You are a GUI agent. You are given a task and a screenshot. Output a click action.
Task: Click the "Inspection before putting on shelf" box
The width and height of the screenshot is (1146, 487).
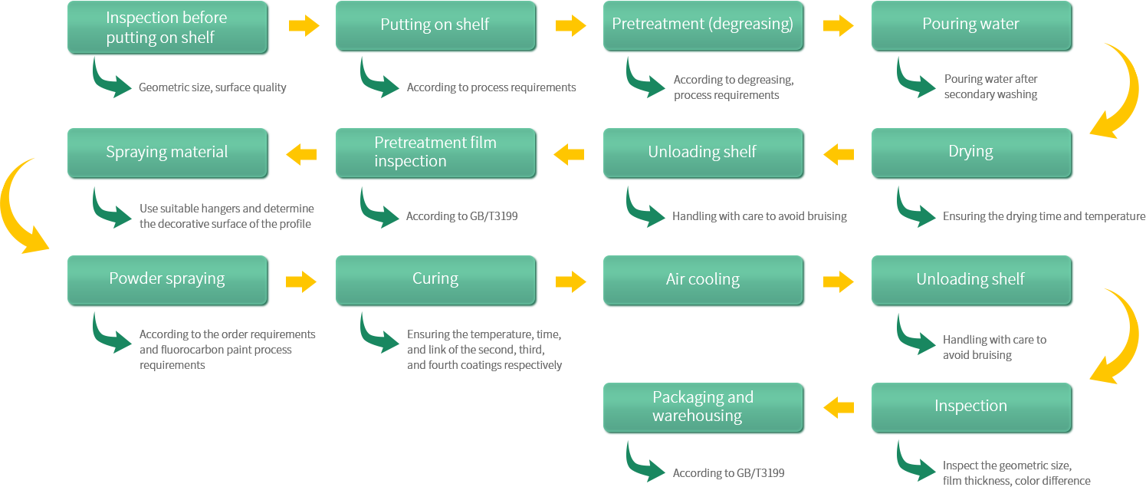167,27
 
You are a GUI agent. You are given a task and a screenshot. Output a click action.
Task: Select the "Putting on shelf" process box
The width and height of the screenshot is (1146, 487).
435,25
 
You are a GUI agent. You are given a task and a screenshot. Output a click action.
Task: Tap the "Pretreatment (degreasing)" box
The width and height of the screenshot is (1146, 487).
703,25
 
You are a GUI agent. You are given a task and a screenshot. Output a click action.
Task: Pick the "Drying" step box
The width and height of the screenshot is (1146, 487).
971,153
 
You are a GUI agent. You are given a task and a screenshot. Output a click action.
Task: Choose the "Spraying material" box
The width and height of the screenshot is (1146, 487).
167,153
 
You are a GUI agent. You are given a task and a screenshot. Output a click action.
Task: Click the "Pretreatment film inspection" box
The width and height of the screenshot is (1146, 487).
435,153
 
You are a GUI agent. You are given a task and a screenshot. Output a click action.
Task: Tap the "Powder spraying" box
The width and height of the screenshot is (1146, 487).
167,280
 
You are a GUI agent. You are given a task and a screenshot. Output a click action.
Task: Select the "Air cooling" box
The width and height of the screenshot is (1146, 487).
703,280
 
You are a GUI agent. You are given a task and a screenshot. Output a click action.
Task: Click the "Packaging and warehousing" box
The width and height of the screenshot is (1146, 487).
703,408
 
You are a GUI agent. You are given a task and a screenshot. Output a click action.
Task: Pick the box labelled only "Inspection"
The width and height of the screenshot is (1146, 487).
971,408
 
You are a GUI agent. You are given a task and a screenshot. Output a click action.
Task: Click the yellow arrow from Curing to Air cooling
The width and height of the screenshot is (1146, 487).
570,281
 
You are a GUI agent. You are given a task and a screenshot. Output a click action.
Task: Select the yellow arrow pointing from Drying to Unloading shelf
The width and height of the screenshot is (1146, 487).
838,154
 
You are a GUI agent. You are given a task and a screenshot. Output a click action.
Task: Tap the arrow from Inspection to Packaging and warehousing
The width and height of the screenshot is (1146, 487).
838,408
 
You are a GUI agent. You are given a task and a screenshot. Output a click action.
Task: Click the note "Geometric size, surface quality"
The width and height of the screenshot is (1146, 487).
212,87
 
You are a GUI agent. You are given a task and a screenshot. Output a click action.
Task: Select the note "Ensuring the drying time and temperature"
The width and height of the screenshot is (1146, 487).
1044,216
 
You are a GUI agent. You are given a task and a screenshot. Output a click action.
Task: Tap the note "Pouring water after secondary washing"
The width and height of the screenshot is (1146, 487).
990,87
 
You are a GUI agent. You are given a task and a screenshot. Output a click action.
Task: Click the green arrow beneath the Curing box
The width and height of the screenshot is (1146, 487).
379,333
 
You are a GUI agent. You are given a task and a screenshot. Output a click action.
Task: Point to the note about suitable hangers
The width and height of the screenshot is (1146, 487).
227,216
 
